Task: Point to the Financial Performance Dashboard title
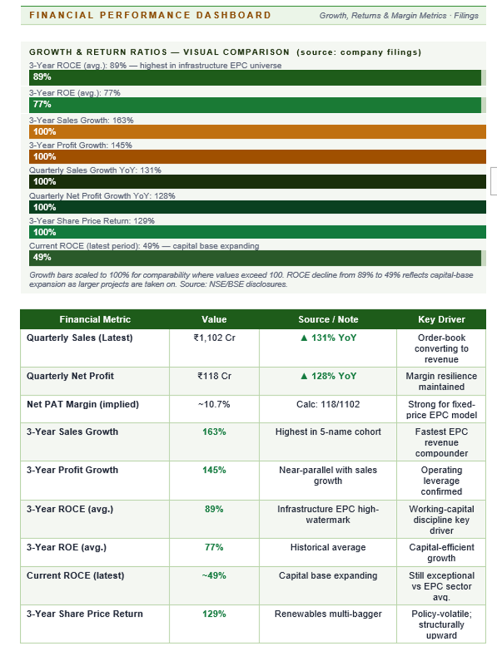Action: pos(150,15)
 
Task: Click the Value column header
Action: pos(214,319)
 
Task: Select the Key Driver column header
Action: pos(441,319)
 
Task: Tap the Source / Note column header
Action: pos(328,319)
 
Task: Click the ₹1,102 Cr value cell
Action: pos(214,338)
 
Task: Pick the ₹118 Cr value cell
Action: pos(214,376)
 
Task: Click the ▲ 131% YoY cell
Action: pos(328,338)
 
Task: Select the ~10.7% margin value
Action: pos(214,404)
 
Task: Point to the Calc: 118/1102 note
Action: pos(328,404)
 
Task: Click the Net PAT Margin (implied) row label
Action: pos(83,404)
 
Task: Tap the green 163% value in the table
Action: pos(214,432)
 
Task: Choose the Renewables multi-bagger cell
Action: pos(328,614)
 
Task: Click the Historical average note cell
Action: pos(328,547)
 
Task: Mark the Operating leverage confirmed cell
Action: pos(441,481)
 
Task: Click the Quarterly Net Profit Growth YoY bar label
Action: pos(102,196)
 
